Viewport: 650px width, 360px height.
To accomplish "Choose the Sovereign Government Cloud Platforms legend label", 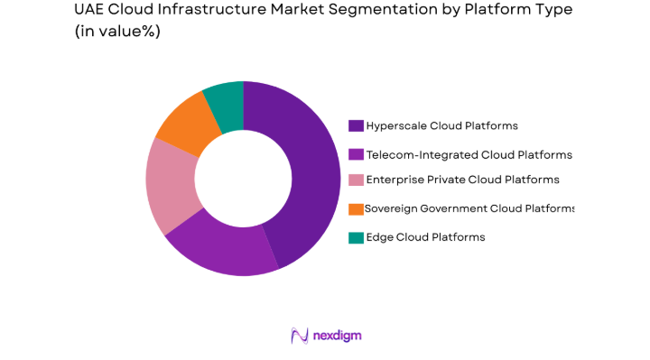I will pos(469,208).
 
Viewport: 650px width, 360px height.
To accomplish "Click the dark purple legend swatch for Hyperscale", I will pos(356,126).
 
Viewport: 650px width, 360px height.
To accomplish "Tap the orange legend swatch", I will pos(356,209).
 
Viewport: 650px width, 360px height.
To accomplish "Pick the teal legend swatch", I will pos(356,237).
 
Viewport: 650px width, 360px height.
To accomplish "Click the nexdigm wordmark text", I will pos(338,336).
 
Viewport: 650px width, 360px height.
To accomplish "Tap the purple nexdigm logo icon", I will pos(300,336).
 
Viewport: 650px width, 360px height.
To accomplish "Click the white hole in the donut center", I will pos(243,178).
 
